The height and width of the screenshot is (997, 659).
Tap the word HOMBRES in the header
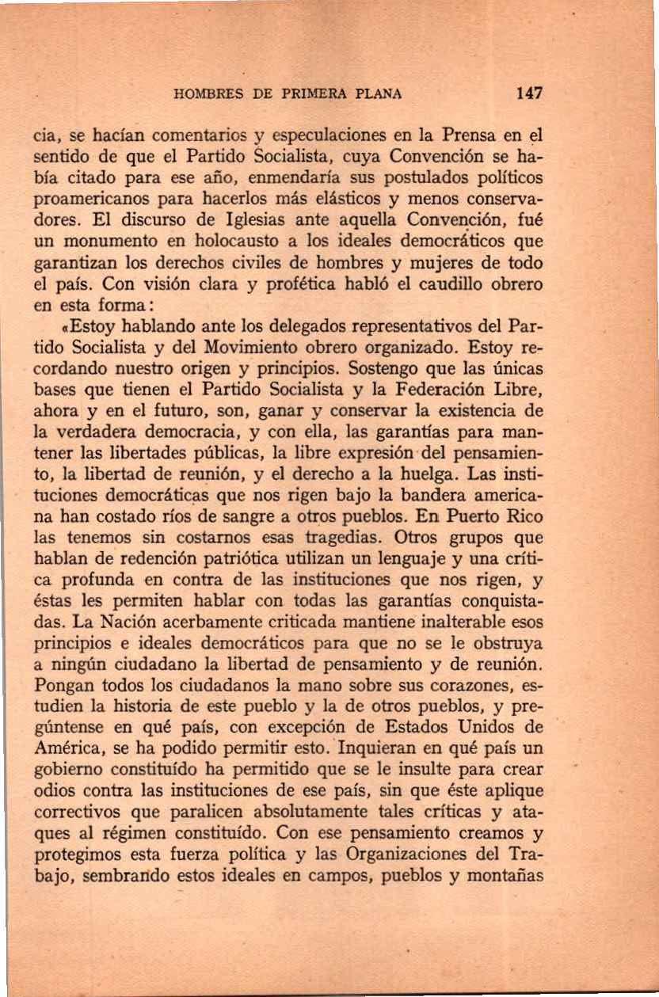click(203, 94)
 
